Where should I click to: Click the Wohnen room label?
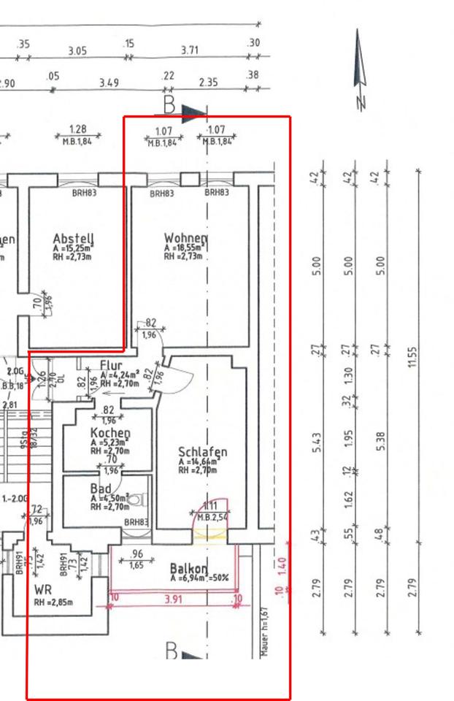(x=185, y=238)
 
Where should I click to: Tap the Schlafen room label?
(x=202, y=452)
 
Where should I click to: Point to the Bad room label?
(x=100, y=488)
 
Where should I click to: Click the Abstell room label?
(x=74, y=238)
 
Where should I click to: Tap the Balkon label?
(x=188, y=568)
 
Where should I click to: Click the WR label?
(x=43, y=588)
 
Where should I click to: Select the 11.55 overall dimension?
(x=413, y=357)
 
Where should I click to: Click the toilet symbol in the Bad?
(x=141, y=499)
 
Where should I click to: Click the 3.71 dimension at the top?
(x=190, y=50)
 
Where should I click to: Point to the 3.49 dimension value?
(x=109, y=83)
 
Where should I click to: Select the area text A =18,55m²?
(x=182, y=248)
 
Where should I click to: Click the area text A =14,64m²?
(x=198, y=462)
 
